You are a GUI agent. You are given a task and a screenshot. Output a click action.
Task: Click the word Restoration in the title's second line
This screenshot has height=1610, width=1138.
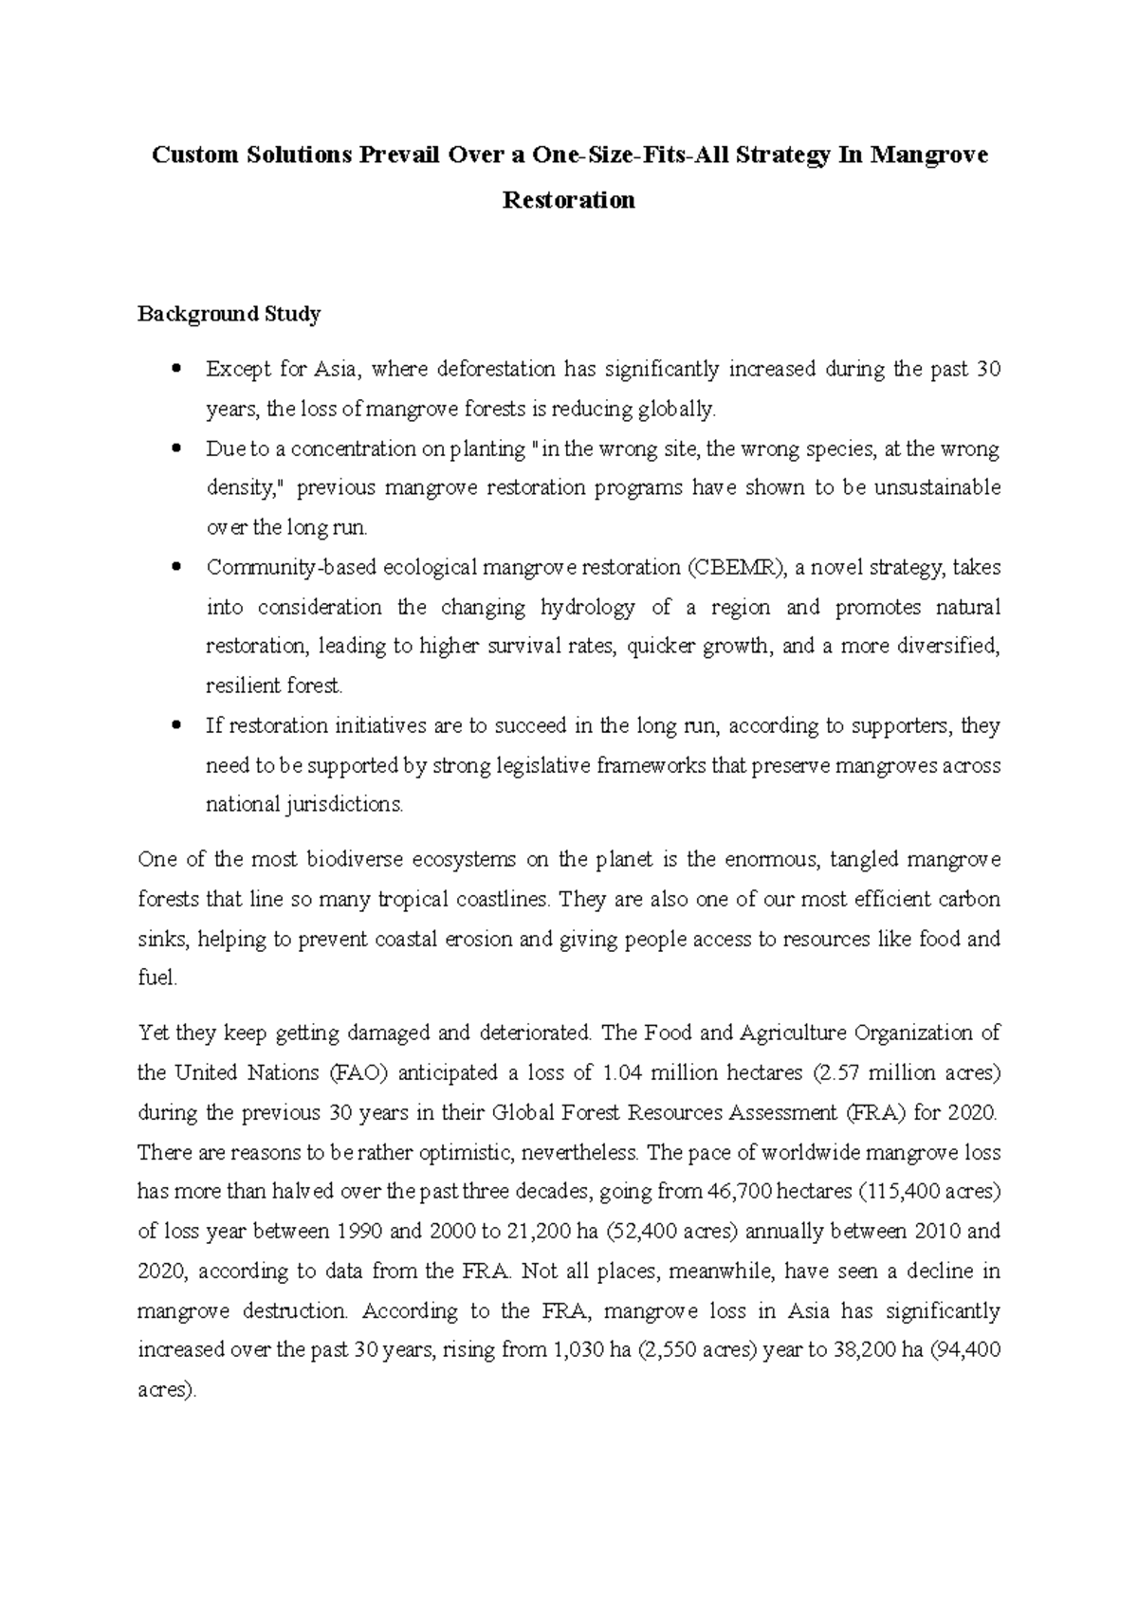(568, 200)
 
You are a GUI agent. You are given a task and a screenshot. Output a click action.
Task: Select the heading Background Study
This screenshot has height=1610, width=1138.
(229, 314)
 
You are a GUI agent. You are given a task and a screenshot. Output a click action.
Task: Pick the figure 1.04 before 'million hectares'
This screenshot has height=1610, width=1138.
(623, 1072)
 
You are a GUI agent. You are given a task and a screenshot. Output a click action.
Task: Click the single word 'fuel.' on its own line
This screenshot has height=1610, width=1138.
(157, 979)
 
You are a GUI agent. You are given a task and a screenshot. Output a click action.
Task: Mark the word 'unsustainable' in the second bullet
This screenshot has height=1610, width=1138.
(937, 488)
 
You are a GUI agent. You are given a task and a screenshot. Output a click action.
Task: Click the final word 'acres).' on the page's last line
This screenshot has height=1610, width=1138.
(167, 1390)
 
